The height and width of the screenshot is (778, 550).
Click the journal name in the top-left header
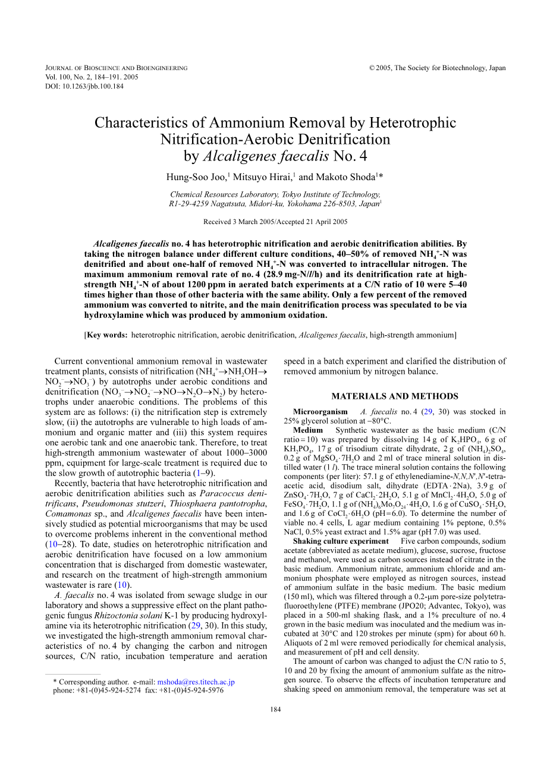[117, 68]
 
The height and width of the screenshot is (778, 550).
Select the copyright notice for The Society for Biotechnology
[438, 68]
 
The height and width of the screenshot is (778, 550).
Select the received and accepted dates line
[275, 222]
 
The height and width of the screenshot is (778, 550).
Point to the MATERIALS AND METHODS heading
[395, 396]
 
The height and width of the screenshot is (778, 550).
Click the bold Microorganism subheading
[320, 412]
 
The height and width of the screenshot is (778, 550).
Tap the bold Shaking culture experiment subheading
[341, 541]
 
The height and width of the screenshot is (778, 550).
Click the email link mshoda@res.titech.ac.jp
[196, 682]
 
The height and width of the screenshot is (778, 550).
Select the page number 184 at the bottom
[275, 710]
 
